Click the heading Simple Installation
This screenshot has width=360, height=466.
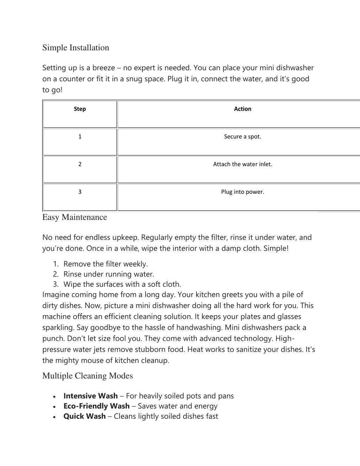pyautogui.click(x=76, y=48)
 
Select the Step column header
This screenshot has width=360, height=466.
pyautogui.click(x=80, y=109)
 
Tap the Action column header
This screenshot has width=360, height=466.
pyautogui.click(x=243, y=109)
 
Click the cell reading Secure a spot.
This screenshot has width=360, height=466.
pyautogui.click(x=243, y=137)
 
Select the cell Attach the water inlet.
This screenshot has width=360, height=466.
pyautogui.click(x=243, y=164)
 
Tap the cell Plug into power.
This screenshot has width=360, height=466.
pyautogui.click(x=243, y=192)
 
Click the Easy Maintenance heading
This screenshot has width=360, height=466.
pyautogui.click(x=75, y=217)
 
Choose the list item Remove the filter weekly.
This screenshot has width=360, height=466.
pyautogui.click(x=105, y=264)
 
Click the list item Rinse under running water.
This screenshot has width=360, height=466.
pyautogui.click(x=109, y=274)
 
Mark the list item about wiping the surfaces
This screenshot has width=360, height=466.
pyautogui.click(x=122, y=285)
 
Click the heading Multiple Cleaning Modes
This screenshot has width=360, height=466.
pyautogui.click(x=88, y=376)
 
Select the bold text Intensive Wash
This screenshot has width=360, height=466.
pyautogui.click(x=90, y=396)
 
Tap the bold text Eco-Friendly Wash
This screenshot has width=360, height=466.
pyautogui.click(x=96, y=406)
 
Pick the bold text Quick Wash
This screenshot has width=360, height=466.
pyautogui.click(x=84, y=416)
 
